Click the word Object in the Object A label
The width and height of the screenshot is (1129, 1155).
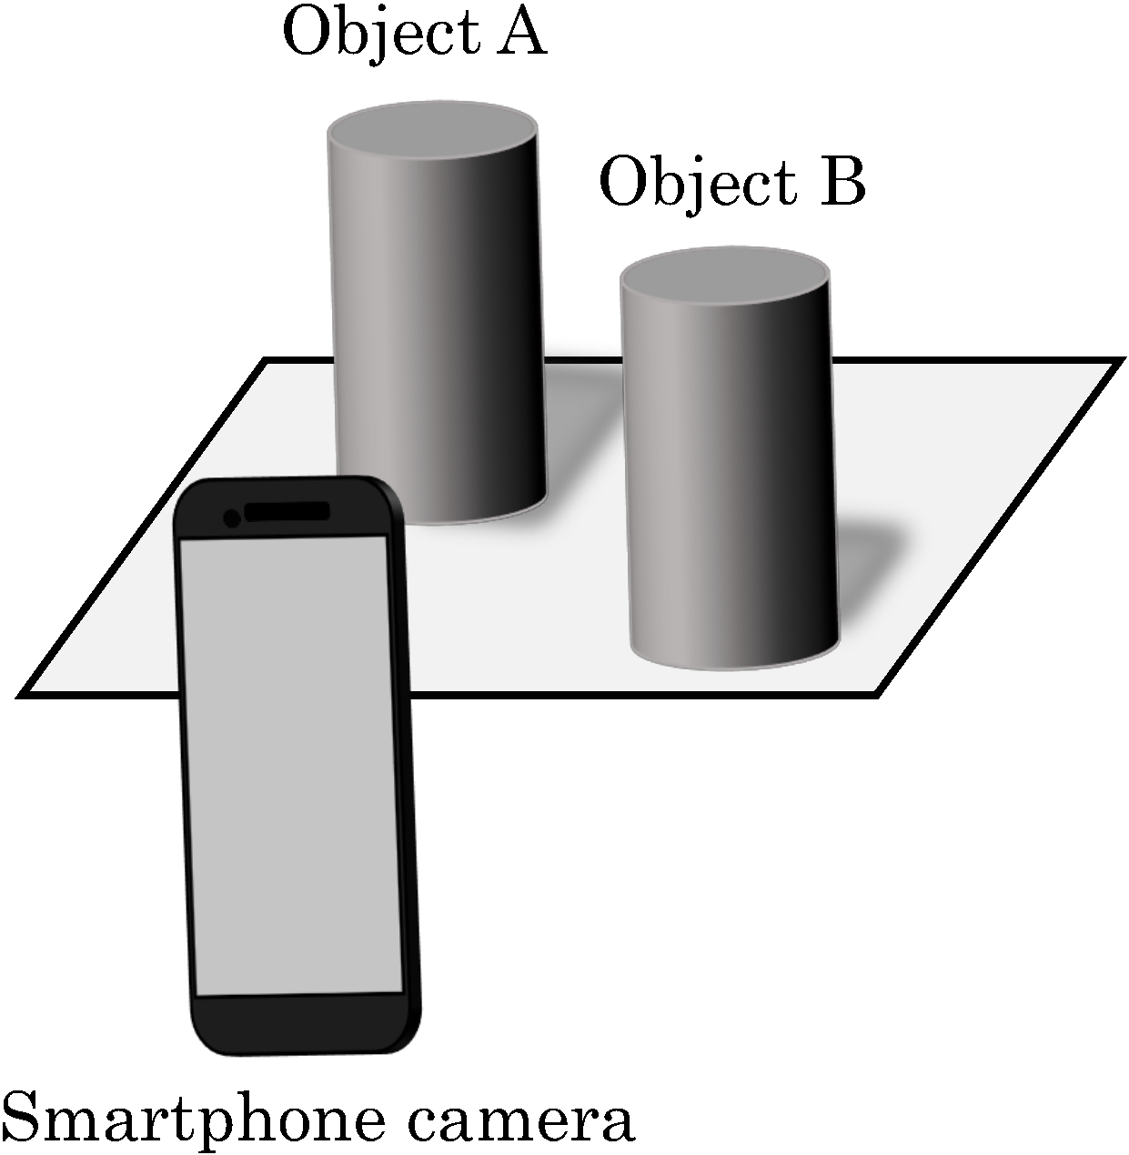click(381, 35)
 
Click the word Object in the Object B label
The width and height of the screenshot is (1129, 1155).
click(698, 185)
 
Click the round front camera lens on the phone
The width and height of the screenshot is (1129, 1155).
click(232, 518)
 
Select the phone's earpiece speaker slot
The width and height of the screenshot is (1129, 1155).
click(287, 511)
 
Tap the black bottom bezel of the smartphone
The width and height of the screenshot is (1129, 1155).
click(307, 1022)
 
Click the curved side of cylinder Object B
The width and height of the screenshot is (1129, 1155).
click(731, 475)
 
